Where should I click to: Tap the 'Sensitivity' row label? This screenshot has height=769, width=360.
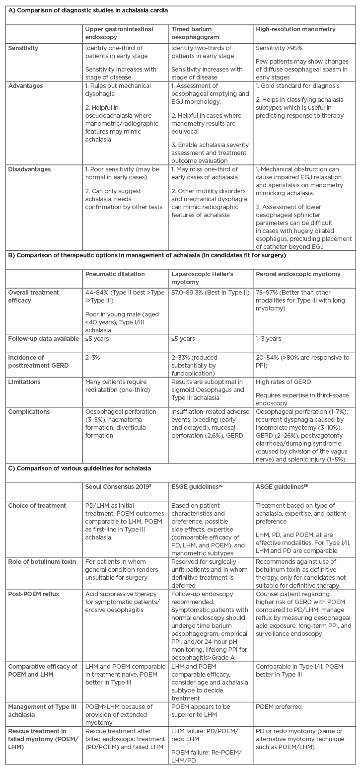pyautogui.click(x=23, y=48)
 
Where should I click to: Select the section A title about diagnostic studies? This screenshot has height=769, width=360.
pyautogui.click(x=85, y=9)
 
